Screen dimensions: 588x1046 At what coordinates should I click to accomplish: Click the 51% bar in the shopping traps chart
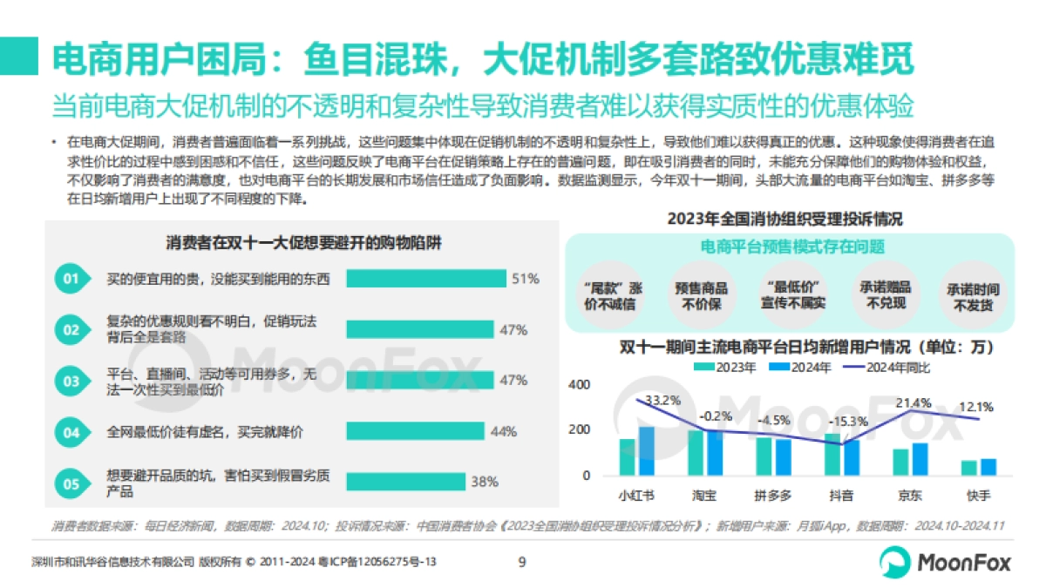coord(425,279)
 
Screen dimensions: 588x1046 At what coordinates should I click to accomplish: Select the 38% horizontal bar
coord(405,481)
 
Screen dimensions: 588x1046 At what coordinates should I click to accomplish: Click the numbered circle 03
coord(71,381)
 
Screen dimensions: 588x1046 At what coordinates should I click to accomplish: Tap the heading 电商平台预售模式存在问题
coord(792,247)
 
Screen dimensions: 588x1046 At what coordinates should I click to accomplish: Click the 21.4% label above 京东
coord(914,402)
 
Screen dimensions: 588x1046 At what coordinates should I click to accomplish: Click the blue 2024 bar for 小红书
coord(646,451)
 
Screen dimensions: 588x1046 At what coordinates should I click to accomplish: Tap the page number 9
coord(522,562)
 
